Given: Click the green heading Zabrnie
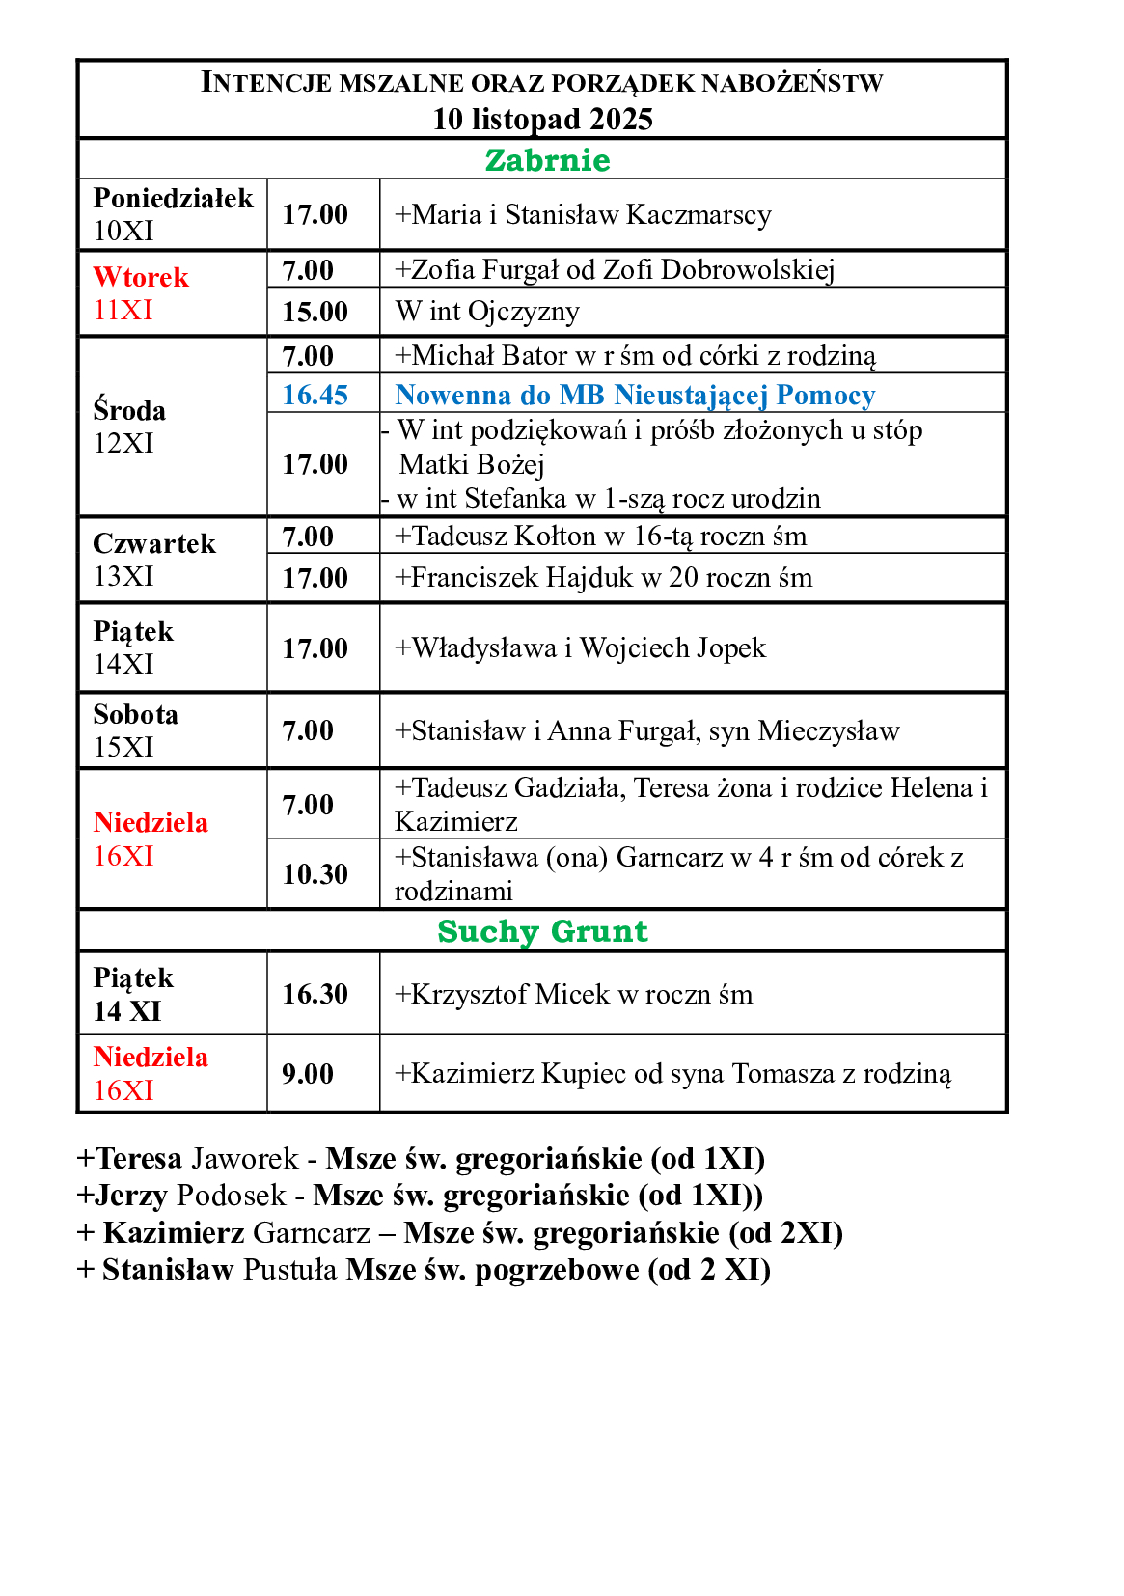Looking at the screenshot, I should coord(547,160).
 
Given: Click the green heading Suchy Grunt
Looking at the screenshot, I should coord(542,931).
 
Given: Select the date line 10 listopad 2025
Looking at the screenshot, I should coord(542,119).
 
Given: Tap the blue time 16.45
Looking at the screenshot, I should coord(315,395).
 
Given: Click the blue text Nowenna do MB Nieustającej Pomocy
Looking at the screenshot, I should coord(635,395).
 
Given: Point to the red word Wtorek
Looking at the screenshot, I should coord(141,277).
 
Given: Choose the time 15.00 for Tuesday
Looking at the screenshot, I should coord(315,312).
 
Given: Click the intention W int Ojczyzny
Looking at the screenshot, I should coord(487,312).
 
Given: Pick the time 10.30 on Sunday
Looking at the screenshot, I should coord(315,874).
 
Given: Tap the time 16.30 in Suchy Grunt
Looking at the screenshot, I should coord(315,994).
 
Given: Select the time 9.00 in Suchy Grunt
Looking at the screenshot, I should coord(308,1074).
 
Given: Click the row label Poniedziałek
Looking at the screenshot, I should coord(173,198).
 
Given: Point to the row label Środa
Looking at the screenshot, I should coord(129,411).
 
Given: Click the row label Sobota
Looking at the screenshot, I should coord(136,715).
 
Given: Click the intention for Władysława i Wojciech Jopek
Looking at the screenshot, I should coord(580,647).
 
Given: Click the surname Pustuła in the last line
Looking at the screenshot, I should coord(289,1270).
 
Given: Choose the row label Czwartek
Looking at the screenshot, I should coord(154,544).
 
